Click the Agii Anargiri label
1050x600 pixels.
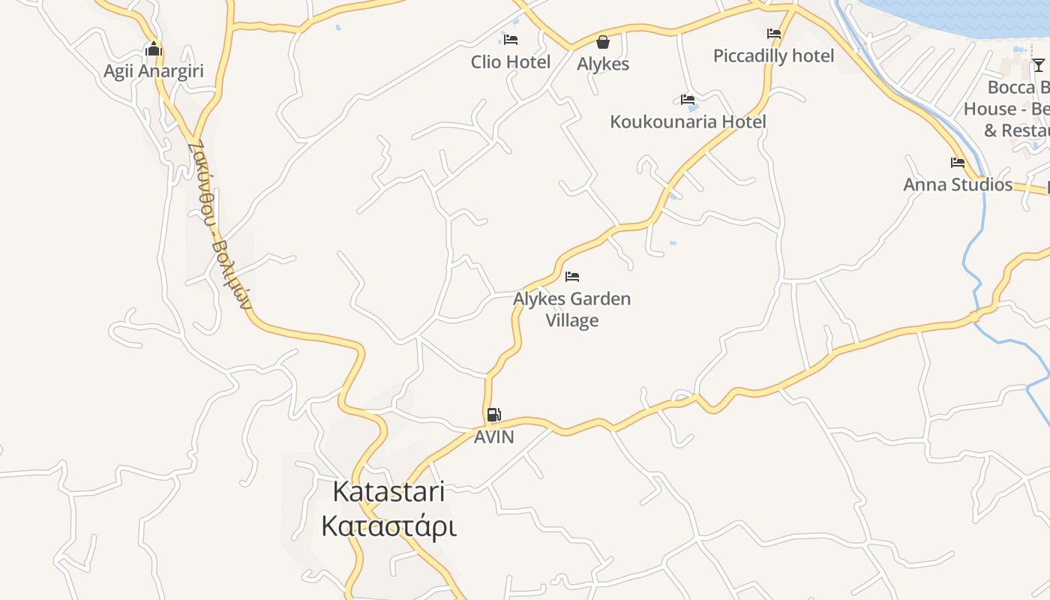click(x=154, y=72)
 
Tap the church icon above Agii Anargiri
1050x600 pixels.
click(x=154, y=49)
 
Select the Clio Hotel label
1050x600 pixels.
click(x=511, y=62)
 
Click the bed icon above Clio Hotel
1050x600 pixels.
click(x=511, y=39)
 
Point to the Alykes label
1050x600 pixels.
click(x=603, y=64)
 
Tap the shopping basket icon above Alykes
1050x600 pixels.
click(x=603, y=42)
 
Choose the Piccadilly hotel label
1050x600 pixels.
click(x=773, y=56)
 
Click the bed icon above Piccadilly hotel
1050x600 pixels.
click(x=774, y=34)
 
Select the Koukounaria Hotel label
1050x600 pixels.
click(x=688, y=121)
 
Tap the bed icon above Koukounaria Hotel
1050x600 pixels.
click(x=688, y=99)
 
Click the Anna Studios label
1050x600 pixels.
click(x=958, y=184)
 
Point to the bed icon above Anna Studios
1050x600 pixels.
click(x=958, y=162)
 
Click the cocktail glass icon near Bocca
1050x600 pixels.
click(x=1038, y=65)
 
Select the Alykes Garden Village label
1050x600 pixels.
click(x=572, y=309)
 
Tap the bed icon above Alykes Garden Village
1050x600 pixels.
click(x=572, y=277)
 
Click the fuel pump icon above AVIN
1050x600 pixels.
click(x=493, y=414)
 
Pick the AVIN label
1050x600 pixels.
click(x=494, y=436)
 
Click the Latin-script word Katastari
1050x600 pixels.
click(x=388, y=492)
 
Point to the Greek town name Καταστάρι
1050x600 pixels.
click(x=388, y=526)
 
